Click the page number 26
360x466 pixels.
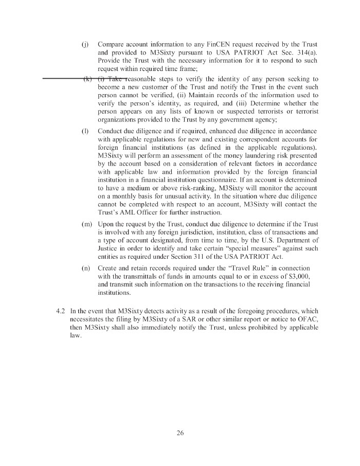tap(179, 432)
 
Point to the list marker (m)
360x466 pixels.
tap(86, 225)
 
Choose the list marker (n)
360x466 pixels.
tap(86, 268)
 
